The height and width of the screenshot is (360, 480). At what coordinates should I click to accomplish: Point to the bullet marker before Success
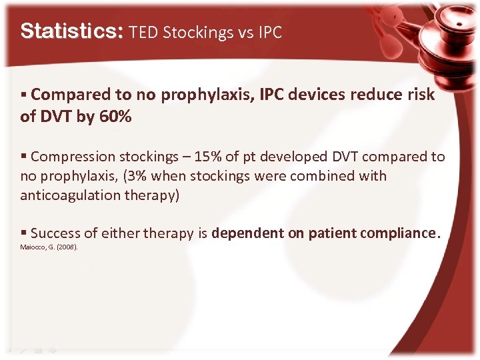tap(24, 233)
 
